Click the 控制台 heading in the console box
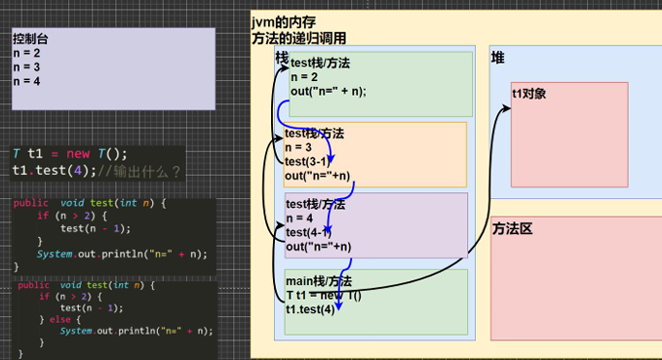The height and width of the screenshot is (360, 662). tap(31, 38)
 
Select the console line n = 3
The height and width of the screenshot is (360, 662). tap(26, 66)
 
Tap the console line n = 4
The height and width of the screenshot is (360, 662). tap(26, 81)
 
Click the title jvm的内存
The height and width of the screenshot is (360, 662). tap(283, 21)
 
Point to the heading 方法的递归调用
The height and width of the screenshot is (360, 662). tap(298, 37)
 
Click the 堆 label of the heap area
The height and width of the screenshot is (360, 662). tap(497, 59)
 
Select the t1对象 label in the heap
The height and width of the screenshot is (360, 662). tap(528, 94)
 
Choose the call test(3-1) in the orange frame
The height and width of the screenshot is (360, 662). tap(307, 161)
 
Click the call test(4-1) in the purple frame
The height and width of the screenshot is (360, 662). tap(308, 232)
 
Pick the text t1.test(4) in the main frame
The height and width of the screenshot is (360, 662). tap(309, 309)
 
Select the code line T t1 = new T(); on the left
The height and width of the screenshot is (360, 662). tap(69, 153)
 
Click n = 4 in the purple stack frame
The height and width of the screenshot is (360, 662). tap(301, 219)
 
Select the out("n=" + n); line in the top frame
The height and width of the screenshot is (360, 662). tap(328, 92)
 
